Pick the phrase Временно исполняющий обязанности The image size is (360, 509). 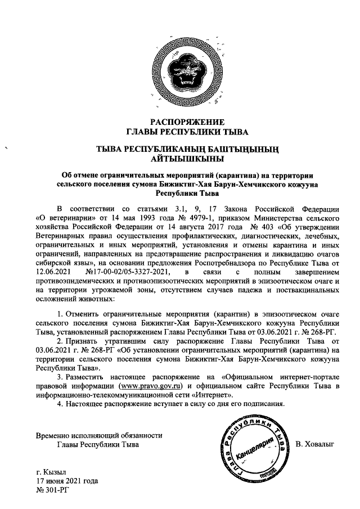(x=99, y=435)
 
